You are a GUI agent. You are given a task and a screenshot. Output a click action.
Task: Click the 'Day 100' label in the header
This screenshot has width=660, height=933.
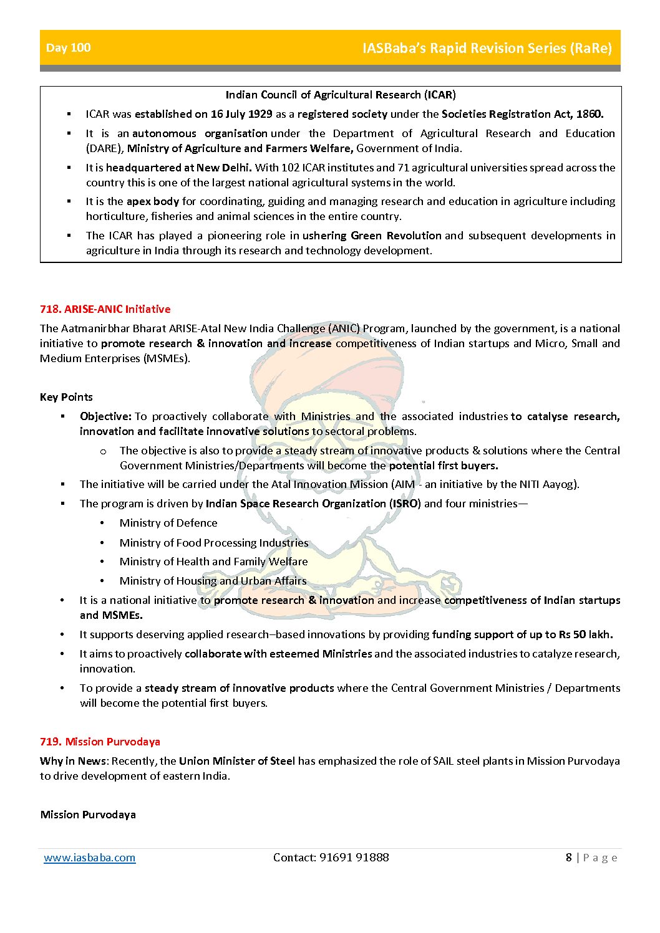(x=69, y=48)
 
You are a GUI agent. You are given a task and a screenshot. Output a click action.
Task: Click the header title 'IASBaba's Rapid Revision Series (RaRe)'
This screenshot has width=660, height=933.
(x=487, y=48)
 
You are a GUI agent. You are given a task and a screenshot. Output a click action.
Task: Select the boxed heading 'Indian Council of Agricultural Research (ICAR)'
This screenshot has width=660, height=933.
(x=341, y=95)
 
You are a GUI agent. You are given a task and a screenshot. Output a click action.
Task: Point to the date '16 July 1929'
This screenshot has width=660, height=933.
(x=241, y=114)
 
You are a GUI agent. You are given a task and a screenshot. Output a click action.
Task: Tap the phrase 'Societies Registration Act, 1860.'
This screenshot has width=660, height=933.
(x=522, y=114)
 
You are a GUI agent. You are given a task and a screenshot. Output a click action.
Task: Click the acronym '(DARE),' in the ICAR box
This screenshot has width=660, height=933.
(x=105, y=148)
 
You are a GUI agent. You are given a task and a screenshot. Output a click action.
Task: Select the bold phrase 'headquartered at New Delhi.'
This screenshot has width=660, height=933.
(x=179, y=168)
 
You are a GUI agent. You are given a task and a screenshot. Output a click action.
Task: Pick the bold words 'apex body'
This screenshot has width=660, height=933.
(x=153, y=201)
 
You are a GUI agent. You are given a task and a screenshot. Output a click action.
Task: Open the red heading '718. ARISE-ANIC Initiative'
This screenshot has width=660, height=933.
(x=105, y=309)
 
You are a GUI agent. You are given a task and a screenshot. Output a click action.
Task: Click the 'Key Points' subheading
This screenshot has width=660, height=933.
(x=66, y=397)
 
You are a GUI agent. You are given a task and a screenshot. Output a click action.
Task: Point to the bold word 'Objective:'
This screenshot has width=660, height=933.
(x=105, y=416)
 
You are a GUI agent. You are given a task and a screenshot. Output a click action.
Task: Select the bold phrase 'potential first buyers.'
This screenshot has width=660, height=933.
(x=444, y=466)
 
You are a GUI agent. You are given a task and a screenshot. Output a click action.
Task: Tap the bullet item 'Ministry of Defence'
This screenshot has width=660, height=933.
(x=168, y=523)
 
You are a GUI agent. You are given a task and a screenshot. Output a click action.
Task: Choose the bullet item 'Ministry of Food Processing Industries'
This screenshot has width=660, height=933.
(x=214, y=543)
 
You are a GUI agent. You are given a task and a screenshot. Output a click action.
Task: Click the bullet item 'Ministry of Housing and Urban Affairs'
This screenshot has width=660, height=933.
(x=213, y=581)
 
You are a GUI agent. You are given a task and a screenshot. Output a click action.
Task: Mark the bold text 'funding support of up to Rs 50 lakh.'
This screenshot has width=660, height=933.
(x=522, y=634)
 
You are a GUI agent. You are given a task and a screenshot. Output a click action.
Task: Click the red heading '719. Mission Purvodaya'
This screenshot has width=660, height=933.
(x=100, y=742)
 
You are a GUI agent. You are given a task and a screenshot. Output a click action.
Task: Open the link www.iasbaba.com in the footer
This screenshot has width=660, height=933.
(x=90, y=858)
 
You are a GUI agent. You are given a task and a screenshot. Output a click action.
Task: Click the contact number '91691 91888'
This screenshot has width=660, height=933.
(x=354, y=858)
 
